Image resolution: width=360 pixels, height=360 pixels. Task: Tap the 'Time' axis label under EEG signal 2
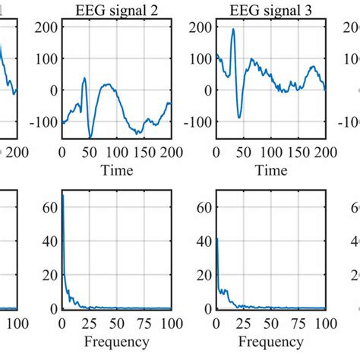pos(116,170)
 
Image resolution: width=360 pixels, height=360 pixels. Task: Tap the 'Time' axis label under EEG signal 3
pos(270,170)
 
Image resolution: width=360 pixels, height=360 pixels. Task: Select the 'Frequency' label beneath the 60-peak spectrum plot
pos(116,341)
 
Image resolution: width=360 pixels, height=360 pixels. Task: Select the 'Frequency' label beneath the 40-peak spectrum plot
pos(270,341)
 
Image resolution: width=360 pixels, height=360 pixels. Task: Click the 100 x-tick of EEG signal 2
pos(116,153)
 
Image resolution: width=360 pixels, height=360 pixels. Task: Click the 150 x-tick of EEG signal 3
pos(298,153)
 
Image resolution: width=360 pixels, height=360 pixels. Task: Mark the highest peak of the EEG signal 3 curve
pos(233,29)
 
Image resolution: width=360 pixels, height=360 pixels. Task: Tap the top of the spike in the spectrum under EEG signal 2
pos(63,195)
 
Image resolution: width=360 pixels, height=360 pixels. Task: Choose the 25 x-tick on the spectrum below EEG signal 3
pos(244,324)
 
